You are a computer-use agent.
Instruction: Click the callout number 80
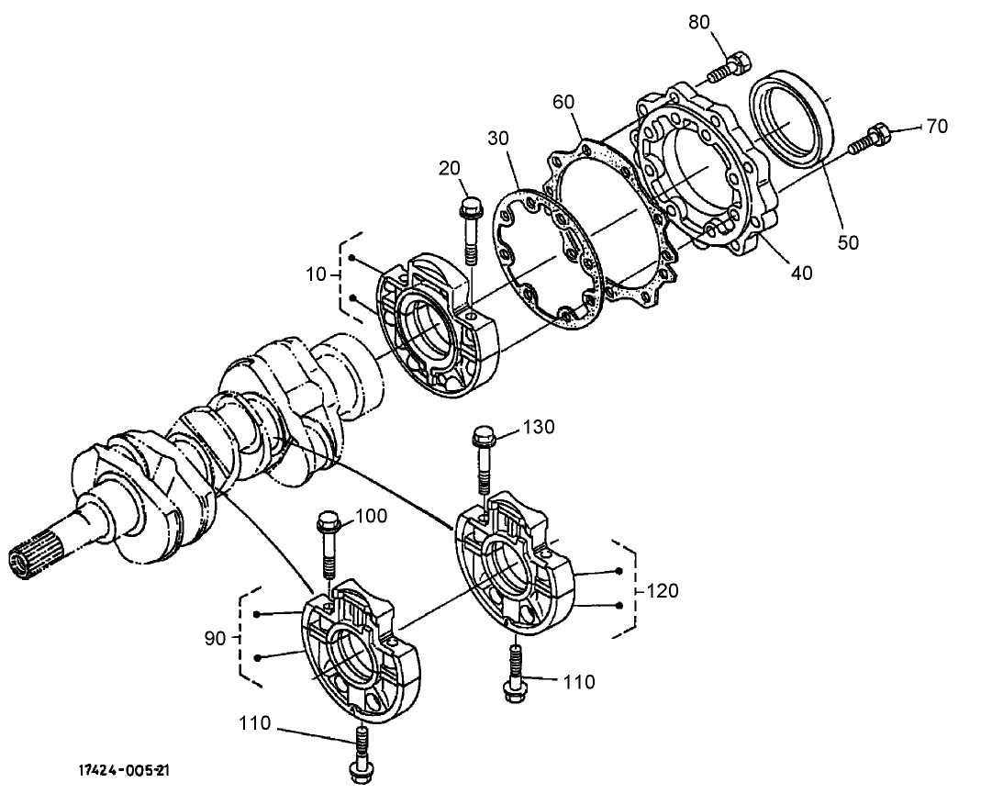pos(700,23)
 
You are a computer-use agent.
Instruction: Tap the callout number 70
pos(936,127)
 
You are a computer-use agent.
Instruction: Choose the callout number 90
pos(215,638)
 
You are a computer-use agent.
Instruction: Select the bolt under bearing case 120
pos(515,675)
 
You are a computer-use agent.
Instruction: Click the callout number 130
pos(540,428)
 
